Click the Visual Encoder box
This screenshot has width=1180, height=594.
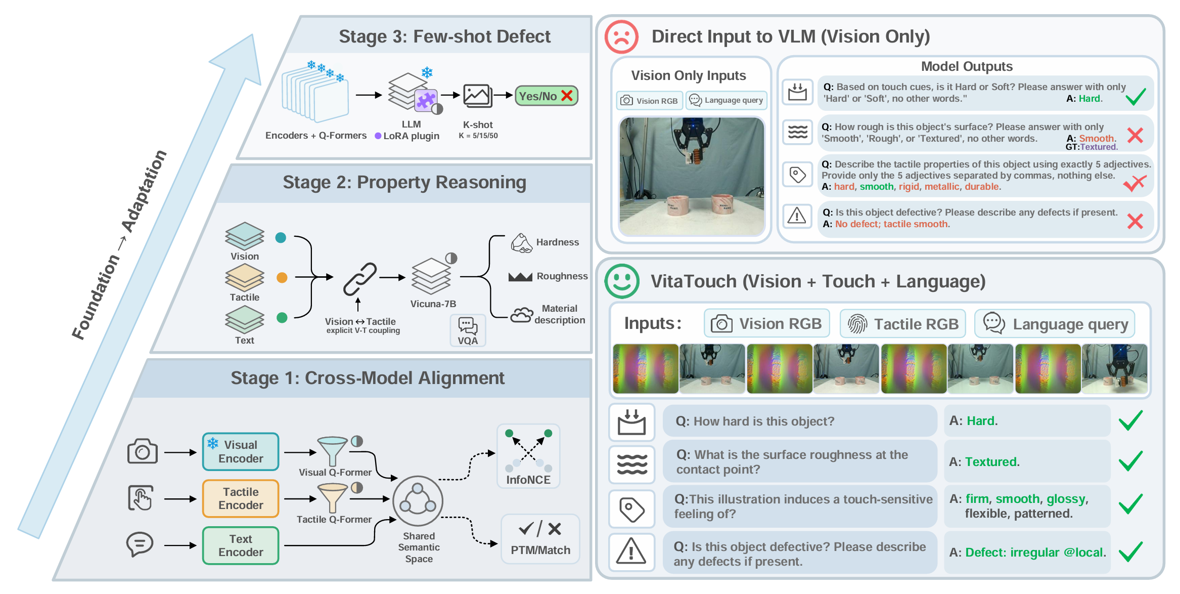click(241, 451)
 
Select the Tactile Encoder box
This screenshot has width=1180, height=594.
click(241, 498)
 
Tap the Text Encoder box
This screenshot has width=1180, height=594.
click(241, 545)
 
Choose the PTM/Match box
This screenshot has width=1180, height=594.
click(540, 539)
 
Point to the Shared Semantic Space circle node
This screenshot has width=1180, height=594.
click(418, 501)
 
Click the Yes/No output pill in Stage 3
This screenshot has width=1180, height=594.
click(546, 96)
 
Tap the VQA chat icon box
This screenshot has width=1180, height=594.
click(468, 330)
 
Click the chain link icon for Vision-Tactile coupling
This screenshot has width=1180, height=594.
click(360, 279)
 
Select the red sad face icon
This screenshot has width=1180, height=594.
click(621, 37)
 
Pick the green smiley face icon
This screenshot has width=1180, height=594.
click(622, 281)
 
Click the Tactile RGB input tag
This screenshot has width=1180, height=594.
click(903, 324)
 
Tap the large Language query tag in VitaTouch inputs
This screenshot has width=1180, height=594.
click(1055, 324)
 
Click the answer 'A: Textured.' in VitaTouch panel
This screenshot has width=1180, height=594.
click(984, 462)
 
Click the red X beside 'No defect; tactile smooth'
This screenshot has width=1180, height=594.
click(1135, 221)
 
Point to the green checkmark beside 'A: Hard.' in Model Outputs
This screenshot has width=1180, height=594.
click(1135, 96)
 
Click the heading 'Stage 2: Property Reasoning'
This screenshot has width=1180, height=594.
click(404, 182)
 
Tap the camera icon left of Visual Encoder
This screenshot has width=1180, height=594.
click(143, 451)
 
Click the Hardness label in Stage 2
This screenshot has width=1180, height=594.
click(557, 242)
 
